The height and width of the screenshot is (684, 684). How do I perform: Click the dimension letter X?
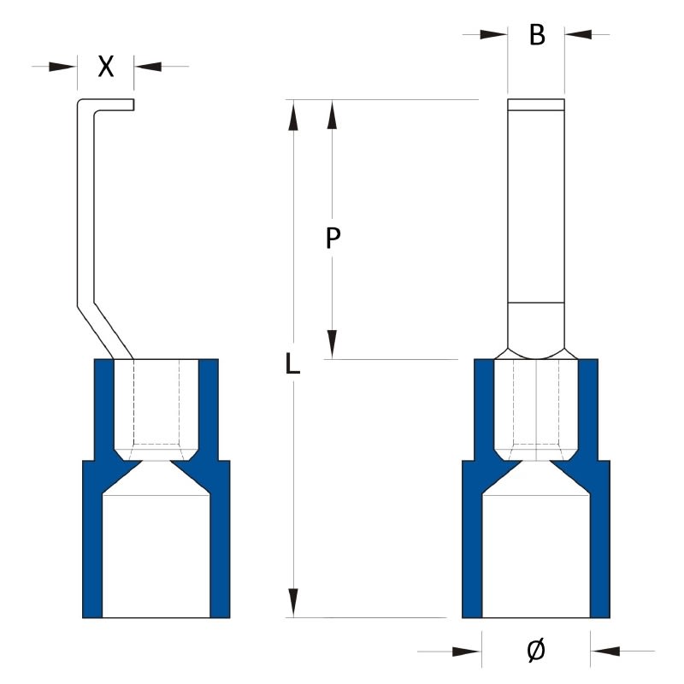105,67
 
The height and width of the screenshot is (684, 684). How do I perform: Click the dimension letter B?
536,35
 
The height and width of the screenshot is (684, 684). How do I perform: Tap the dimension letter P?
334,239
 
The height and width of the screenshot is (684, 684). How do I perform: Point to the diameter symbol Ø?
535,652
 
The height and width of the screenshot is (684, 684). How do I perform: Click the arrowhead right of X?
147,66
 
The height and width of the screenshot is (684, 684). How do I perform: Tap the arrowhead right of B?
578,35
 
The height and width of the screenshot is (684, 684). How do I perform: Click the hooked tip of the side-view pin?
120,105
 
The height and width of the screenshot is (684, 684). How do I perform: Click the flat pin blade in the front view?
536,205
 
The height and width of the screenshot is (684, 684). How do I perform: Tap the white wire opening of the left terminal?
156,556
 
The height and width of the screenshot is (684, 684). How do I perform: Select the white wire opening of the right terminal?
536,556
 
